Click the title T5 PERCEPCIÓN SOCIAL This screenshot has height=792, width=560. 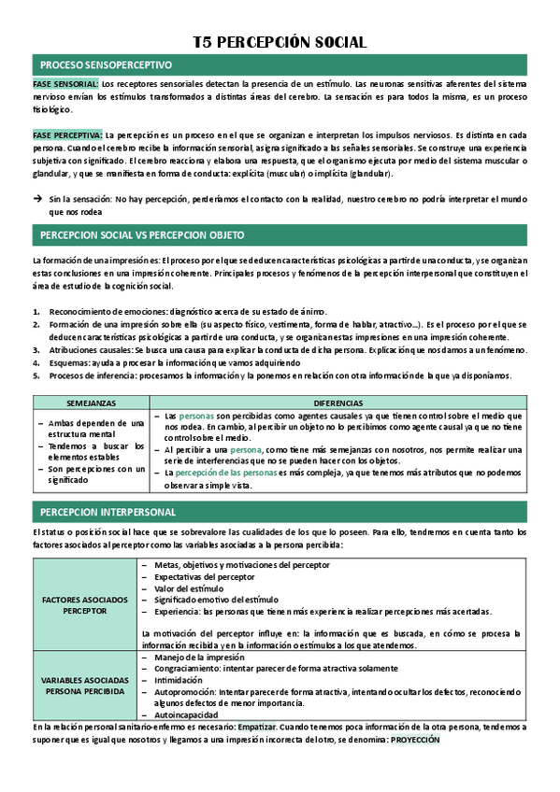coord(279,42)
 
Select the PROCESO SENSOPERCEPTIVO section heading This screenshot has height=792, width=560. coord(106,65)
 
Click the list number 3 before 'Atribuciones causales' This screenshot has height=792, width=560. coord(36,349)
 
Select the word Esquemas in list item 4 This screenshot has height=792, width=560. coord(71,362)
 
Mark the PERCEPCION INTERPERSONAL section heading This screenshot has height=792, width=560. coord(108,512)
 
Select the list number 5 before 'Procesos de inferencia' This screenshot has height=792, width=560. coord(36,375)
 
